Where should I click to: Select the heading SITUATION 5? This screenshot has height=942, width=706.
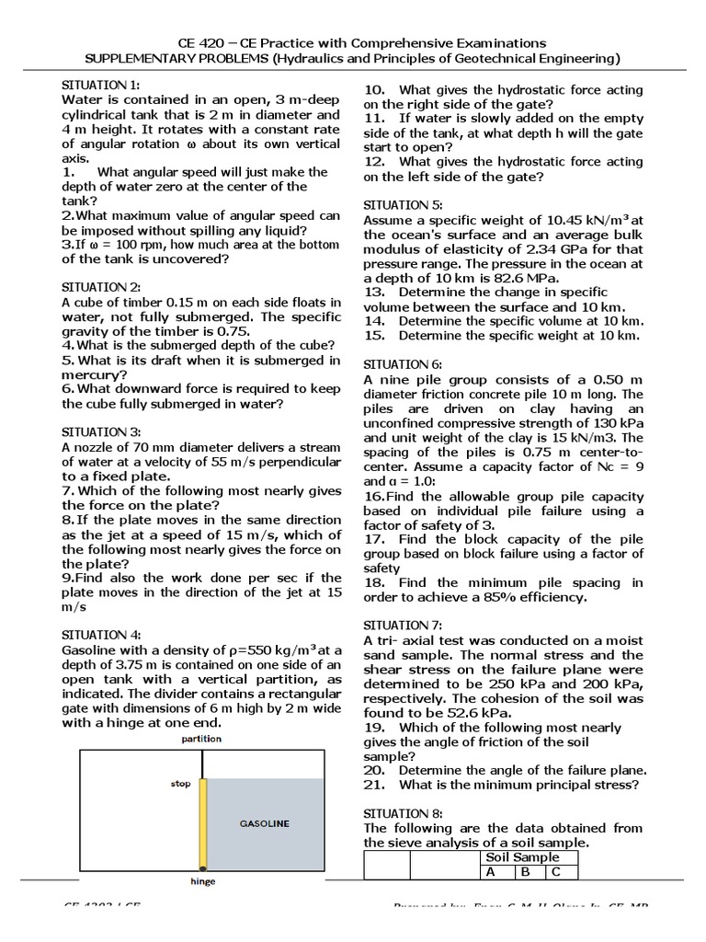pyautogui.click(x=399, y=205)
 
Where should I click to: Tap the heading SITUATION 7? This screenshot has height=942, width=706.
pyautogui.click(x=399, y=626)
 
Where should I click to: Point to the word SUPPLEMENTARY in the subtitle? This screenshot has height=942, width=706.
pyautogui.click(x=142, y=59)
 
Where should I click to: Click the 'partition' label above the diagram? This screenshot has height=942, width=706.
pyautogui.click(x=201, y=739)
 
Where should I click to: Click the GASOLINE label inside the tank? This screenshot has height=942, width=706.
pyautogui.click(x=265, y=824)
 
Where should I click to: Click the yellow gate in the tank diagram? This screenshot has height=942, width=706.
pyautogui.click(x=204, y=823)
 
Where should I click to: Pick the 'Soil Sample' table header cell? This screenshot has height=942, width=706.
pyautogui.click(x=522, y=857)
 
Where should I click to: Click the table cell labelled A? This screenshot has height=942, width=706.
pyautogui.click(x=491, y=872)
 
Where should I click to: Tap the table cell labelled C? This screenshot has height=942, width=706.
pyautogui.click(x=555, y=872)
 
